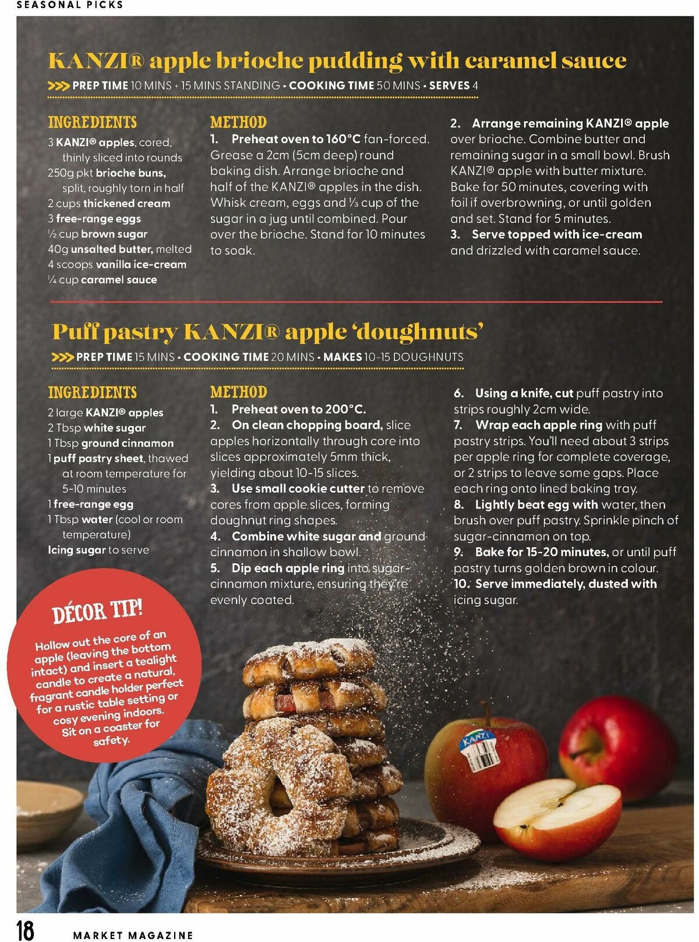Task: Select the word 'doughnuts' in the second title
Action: pos(418,333)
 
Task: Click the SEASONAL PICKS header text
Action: pos(70,5)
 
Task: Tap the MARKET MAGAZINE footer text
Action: pos(133,935)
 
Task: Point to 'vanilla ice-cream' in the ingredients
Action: pos(141,264)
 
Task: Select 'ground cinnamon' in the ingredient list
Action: pos(128,443)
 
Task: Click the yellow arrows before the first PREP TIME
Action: pos(59,86)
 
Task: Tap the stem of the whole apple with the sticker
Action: pos(486,712)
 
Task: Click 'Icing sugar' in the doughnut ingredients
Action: pos(76,551)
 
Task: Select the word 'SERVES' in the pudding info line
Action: pos(449,86)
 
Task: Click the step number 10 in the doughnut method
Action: pos(460,584)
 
